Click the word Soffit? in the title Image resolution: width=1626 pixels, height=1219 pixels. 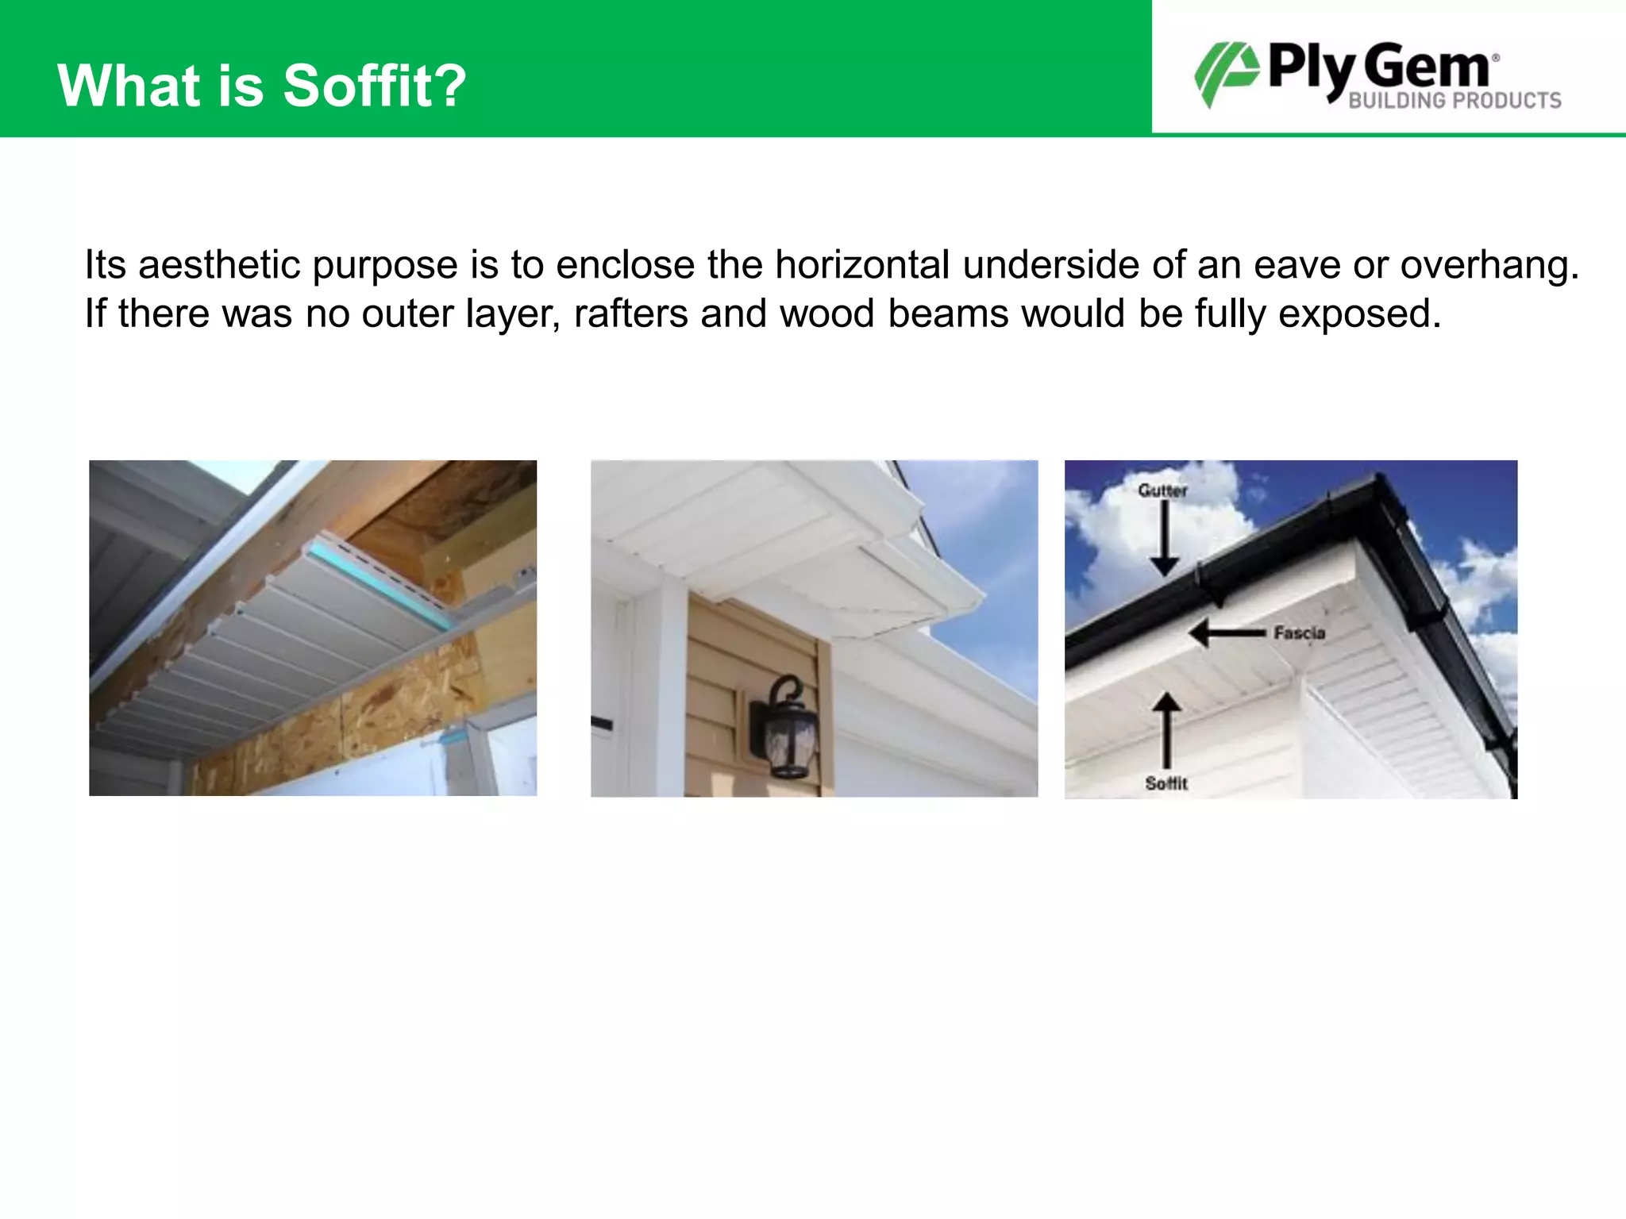[x=375, y=86]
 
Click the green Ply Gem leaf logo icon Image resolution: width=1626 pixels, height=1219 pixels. [x=1226, y=74]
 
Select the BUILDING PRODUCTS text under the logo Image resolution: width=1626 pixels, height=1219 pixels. [x=1455, y=101]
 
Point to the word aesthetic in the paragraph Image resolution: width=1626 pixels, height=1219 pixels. [x=218, y=265]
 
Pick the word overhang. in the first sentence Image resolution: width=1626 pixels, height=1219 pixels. [x=1489, y=265]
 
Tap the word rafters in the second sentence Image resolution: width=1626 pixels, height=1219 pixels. [x=630, y=314]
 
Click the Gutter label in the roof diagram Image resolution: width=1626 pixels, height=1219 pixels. [x=1162, y=490]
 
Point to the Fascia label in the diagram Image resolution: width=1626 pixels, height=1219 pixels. [x=1300, y=633]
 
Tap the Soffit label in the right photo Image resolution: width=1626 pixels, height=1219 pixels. [x=1166, y=783]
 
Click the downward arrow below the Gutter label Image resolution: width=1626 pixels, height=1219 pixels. [x=1165, y=540]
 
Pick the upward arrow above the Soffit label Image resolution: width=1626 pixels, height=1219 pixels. [x=1166, y=730]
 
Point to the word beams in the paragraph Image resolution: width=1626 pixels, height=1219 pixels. [x=948, y=314]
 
